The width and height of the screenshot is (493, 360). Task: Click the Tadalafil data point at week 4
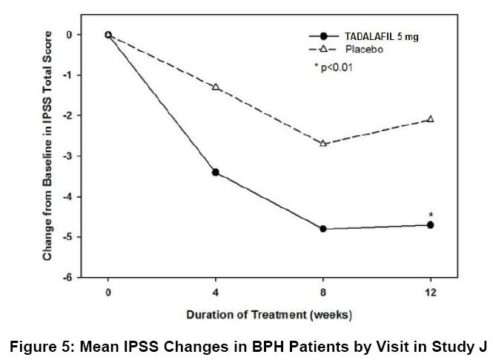click(216, 172)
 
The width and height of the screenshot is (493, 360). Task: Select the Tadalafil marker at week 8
click(323, 229)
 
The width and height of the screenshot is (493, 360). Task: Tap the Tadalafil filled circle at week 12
click(430, 224)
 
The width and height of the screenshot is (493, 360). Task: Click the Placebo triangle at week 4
click(216, 87)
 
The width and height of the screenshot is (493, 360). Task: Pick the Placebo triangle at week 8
click(323, 143)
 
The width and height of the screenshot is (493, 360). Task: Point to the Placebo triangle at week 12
click(430, 119)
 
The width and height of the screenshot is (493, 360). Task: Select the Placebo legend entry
click(364, 48)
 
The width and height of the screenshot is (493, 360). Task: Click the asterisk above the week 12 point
click(431, 215)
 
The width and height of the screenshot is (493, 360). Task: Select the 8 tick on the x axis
click(323, 292)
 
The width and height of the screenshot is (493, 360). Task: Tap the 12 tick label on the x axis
click(430, 292)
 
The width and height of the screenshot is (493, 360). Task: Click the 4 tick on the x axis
click(216, 292)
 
